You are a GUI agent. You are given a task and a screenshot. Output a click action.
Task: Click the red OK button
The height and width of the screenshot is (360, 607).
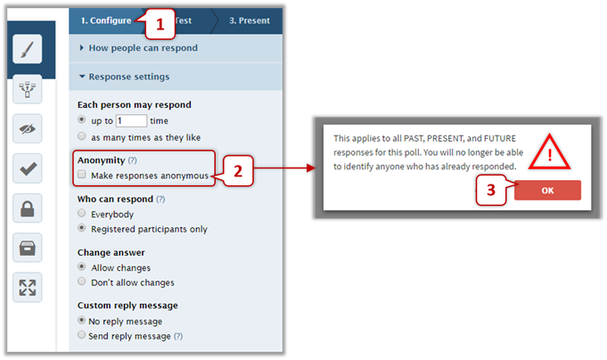[x=547, y=190]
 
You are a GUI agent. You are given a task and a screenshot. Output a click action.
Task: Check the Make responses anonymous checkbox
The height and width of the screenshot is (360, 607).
[x=82, y=174]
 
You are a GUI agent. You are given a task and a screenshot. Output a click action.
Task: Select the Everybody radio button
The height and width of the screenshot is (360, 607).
[x=82, y=213]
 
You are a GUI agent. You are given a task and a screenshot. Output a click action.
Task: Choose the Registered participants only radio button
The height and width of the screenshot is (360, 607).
[x=82, y=227]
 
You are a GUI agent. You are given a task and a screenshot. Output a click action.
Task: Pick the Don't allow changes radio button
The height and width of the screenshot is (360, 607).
[x=82, y=281]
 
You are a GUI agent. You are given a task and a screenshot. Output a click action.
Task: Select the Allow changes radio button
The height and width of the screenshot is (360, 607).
[x=82, y=266]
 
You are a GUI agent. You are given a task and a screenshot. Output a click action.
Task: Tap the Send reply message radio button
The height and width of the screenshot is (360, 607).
[x=82, y=334]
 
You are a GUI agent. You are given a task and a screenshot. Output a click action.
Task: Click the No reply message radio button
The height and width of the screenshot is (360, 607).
[x=82, y=320]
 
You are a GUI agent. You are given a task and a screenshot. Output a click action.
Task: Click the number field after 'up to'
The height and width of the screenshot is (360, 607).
[x=131, y=121]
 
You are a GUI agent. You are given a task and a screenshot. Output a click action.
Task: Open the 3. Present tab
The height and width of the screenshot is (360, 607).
[x=250, y=20]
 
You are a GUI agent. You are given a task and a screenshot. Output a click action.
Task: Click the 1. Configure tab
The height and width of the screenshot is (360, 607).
[x=106, y=20]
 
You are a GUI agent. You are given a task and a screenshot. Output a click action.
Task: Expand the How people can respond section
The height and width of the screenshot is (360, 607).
[x=144, y=48]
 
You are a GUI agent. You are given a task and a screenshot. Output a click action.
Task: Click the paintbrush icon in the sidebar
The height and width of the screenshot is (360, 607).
[x=27, y=49]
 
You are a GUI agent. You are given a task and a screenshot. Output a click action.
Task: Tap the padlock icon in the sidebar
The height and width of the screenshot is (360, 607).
[x=27, y=209]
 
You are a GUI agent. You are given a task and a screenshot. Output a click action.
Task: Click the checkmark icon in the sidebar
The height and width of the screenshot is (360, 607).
[x=27, y=168]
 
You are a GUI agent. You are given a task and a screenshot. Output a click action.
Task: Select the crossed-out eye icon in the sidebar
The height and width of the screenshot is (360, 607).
[x=27, y=128]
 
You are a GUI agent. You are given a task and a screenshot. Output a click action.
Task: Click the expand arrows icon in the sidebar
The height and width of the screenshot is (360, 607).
[x=27, y=288]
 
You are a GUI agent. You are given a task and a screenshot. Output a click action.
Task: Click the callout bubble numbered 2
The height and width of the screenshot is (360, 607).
[x=238, y=171]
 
